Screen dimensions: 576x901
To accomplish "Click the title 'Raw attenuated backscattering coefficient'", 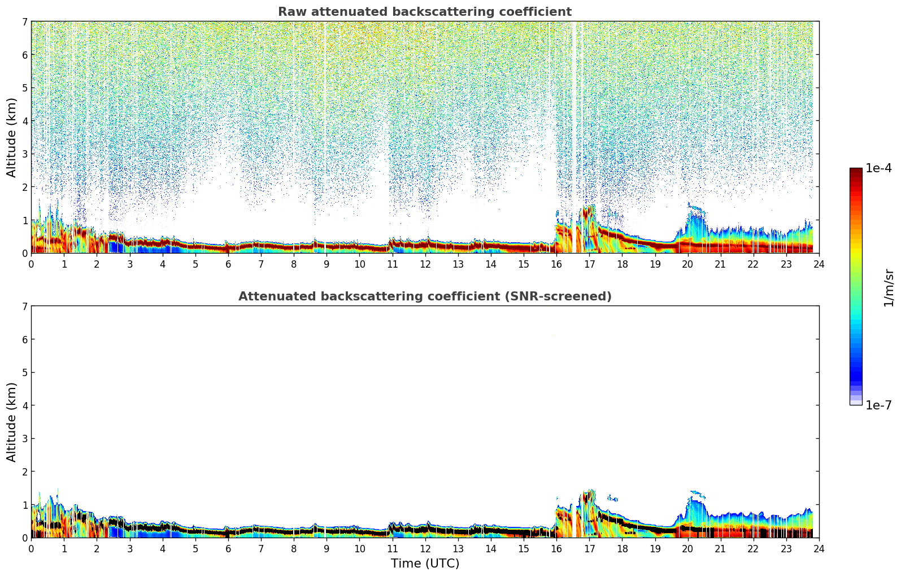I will click(x=424, y=12).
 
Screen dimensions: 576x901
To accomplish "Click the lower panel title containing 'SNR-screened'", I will click(x=424, y=296).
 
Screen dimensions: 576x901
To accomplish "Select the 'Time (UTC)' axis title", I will click(x=425, y=564).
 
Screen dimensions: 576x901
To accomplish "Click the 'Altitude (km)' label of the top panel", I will click(x=12, y=137).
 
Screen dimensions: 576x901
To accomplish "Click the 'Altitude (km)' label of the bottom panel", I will click(x=12, y=422).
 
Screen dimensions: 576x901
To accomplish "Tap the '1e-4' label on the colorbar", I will click(x=878, y=168).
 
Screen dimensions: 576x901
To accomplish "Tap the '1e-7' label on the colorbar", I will click(x=878, y=405).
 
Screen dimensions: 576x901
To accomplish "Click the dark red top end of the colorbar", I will click(x=856, y=171).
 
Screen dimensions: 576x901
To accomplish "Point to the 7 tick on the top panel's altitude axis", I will click(x=24, y=22).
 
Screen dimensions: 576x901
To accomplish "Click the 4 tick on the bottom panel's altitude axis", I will click(x=24, y=405).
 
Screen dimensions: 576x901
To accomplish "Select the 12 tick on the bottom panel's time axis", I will click(x=425, y=549).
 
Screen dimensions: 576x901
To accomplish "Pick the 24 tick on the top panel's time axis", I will click(x=819, y=264).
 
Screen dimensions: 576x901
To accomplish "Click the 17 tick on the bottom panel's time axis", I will click(x=589, y=549).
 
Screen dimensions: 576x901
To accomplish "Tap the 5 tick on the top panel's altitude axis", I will click(x=24, y=88).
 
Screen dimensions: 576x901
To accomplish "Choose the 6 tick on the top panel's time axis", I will click(x=228, y=264).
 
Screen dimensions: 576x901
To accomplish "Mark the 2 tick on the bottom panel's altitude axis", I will click(x=24, y=472).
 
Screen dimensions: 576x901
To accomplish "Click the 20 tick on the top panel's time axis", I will click(x=687, y=264).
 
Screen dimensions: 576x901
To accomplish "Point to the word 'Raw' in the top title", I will click(x=289, y=12).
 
